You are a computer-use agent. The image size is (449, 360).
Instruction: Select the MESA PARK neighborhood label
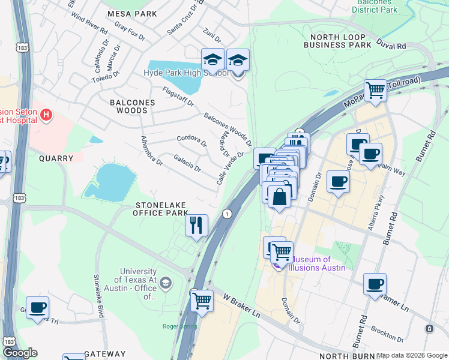[131, 14]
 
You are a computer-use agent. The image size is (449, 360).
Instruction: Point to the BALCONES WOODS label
[132, 107]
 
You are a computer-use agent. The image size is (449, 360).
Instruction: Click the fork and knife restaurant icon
[196, 226]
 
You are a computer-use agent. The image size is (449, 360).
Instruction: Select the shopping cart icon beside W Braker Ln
[202, 300]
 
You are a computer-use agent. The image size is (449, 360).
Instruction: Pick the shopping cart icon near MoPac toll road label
[375, 91]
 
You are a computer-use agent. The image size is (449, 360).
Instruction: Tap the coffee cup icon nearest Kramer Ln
[375, 284]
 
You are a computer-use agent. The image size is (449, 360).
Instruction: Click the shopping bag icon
[279, 196]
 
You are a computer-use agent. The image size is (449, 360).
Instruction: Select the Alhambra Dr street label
[151, 150]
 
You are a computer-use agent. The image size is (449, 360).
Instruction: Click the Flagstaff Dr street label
[178, 96]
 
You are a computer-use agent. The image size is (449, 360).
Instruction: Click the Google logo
[20, 353]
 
